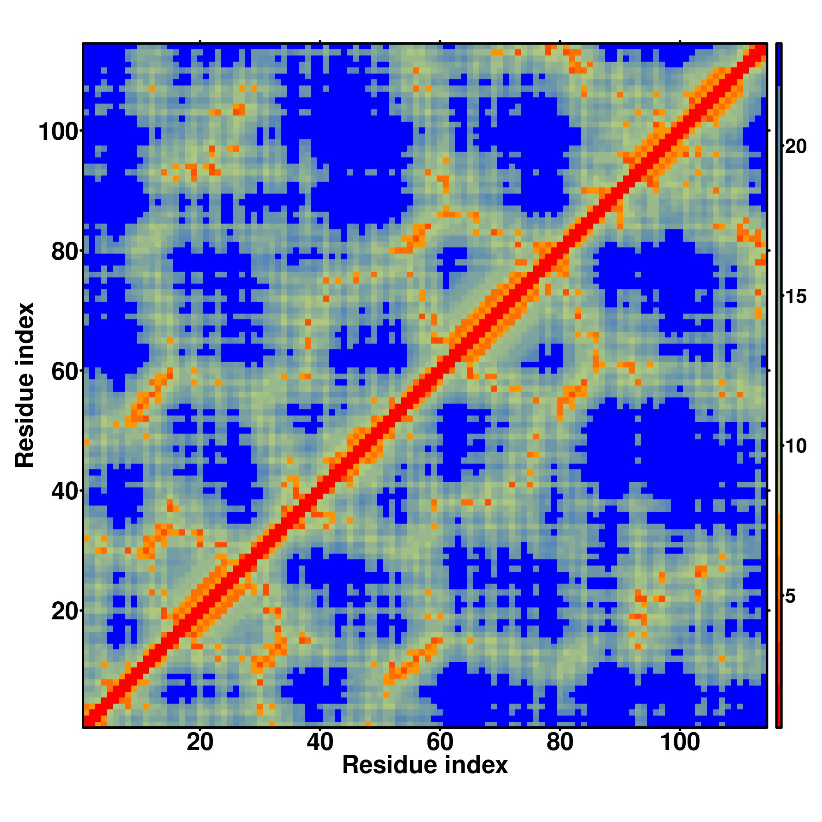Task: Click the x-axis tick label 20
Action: click(x=200, y=743)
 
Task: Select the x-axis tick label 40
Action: click(x=319, y=743)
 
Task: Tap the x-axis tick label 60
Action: click(x=440, y=743)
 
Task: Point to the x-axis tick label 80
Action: click(x=560, y=743)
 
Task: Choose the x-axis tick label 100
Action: click(x=680, y=743)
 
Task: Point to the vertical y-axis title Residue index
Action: click(x=24, y=385)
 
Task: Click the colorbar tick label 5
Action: click(x=790, y=596)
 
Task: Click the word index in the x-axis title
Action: click(x=477, y=765)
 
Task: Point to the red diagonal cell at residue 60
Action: click(x=440, y=371)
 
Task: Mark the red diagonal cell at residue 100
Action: click(x=680, y=131)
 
